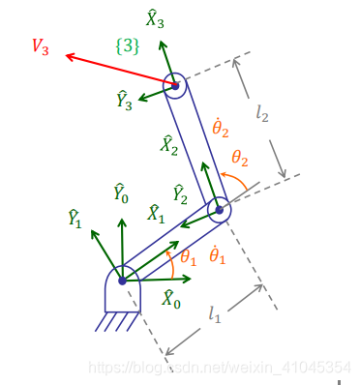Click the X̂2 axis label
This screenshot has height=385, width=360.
point(169,145)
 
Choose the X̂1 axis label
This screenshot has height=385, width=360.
point(155,214)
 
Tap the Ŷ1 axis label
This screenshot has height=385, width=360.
point(75,218)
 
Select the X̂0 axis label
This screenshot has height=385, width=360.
point(170,298)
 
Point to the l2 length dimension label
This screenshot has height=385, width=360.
point(263,113)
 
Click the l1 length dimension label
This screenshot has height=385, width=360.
point(215,313)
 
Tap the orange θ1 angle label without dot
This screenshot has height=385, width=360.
point(188,258)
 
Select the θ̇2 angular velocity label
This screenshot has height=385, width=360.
point(220,127)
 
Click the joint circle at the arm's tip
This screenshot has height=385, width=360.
point(175,86)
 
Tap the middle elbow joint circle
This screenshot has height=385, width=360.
point(219,209)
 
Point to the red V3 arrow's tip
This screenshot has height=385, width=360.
point(67,57)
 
